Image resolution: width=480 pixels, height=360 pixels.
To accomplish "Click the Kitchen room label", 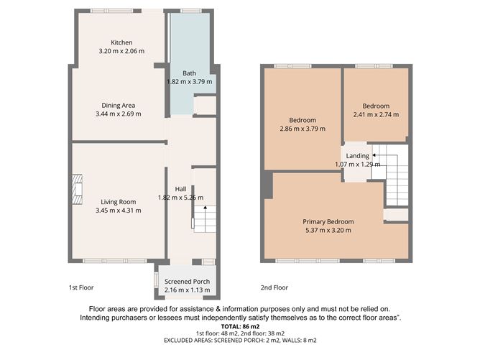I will coord(121,42).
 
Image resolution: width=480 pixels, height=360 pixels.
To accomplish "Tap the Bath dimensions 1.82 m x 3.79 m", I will coord(189,82).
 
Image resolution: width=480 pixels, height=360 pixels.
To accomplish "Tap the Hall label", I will coord(181,189).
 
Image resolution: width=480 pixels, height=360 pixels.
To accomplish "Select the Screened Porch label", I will coord(187,281).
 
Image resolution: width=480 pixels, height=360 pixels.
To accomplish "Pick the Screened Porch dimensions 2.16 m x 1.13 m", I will coord(187,290).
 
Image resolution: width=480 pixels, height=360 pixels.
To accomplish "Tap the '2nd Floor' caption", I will coord(274,287).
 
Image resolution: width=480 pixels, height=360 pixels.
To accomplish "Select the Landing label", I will coord(357,155).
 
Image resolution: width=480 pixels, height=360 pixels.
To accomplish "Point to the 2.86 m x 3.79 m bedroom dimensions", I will coord(302,129).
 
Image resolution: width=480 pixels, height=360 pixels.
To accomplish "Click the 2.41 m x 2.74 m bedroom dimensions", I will coord(376,114).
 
